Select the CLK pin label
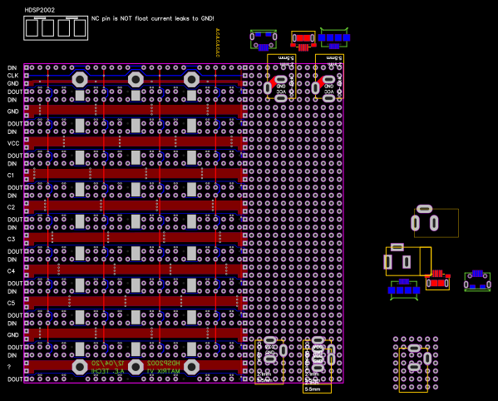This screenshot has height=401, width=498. coord(12,75)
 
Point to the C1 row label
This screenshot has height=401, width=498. coord(11,176)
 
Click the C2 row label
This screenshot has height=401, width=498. coord(11,207)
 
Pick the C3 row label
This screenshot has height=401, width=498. coord(11,240)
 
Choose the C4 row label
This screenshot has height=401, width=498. coord(11,271)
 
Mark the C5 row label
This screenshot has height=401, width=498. coord(11,303)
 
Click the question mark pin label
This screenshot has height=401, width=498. coord(9,367)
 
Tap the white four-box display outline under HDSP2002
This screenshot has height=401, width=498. coord(56,28)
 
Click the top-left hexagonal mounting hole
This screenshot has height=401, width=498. coord(80,79)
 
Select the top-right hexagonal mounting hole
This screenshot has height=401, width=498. coord(191,79)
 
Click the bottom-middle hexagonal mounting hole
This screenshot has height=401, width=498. coord(136,367)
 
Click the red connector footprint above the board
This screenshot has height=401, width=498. coord(303,39)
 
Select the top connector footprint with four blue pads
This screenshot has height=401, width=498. coord(334,38)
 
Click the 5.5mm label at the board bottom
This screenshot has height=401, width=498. coord(312,389)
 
